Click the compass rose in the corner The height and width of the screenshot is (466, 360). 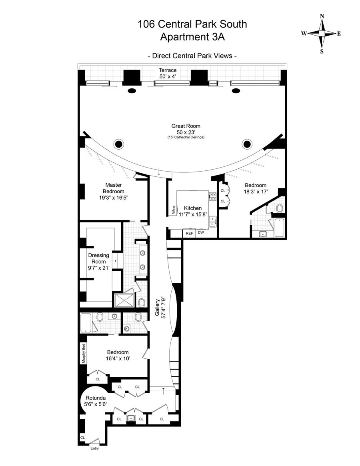click(322, 34)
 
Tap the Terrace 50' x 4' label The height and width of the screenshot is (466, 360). click(168, 73)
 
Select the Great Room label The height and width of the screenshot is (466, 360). click(186, 129)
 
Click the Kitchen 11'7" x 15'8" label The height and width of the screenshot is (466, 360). click(192, 211)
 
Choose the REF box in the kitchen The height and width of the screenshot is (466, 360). click(189, 233)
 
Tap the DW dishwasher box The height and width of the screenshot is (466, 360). click(201, 233)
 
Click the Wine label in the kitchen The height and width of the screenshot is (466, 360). click(174, 210)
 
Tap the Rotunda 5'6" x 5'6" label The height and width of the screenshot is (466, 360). click(95, 401)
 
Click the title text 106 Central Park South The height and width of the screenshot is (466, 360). click(192, 24)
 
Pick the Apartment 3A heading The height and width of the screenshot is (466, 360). click(192, 37)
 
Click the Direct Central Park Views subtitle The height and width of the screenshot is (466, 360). click(192, 56)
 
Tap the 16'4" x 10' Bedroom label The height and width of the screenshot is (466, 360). click(118, 355)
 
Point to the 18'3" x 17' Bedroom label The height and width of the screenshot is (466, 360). click(256, 188)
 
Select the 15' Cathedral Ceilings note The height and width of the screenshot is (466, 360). click(186, 138)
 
